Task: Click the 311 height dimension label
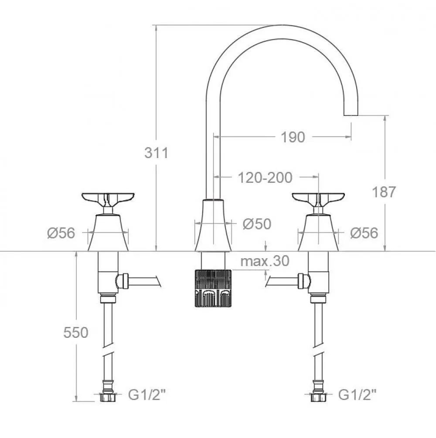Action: (x=157, y=153)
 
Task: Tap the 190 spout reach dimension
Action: (x=293, y=137)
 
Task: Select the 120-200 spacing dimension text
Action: (x=265, y=178)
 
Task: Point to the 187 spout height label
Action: (x=384, y=192)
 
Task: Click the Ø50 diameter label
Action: (x=257, y=224)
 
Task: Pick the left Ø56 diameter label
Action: (x=61, y=233)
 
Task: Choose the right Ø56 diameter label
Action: (x=364, y=233)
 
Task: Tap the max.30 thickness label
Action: (x=265, y=261)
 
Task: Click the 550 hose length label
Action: (x=76, y=332)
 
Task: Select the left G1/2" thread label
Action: (x=147, y=395)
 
